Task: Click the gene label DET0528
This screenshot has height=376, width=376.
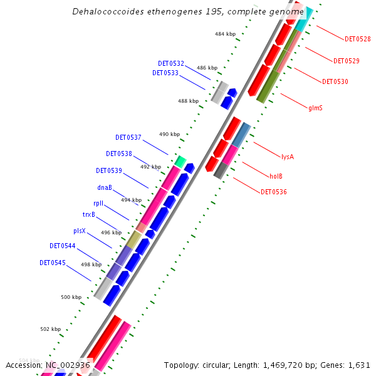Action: pyautogui.click(x=357, y=39)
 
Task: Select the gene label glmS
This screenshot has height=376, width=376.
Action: pyautogui.click(x=316, y=108)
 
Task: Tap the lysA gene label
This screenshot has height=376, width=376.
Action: pyautogui.click(x=288, y=157)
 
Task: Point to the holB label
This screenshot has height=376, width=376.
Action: pyautogui.click(x=276, y=177)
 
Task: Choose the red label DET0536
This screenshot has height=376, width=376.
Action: pyautogui.click(x=274, y=192)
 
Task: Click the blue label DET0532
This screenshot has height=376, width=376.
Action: pyautogui.click(x=171, y=63)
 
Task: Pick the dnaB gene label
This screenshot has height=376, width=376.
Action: pyautogui.click(x=105, y=187)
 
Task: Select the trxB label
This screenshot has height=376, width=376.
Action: pyautogui.click(x=89, y=215)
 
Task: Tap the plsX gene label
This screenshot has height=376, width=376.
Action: pyautogui.click(x=80, y=231)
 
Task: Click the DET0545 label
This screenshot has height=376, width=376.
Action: pyautogui.click(x=53, y=263)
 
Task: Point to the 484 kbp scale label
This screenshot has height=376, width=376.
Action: pyautogui.click(x=224, y=34)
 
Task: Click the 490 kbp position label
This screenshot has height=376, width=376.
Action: pyautogui.click(x=169, y=134)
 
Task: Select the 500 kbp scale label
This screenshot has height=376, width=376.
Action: pyautogui.click(x=71, y=297)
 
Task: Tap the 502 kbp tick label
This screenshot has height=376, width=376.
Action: pyautogui.click(x=50, y=329)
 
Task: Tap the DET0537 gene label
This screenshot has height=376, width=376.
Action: pyautogui.click(x=128, y=137)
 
